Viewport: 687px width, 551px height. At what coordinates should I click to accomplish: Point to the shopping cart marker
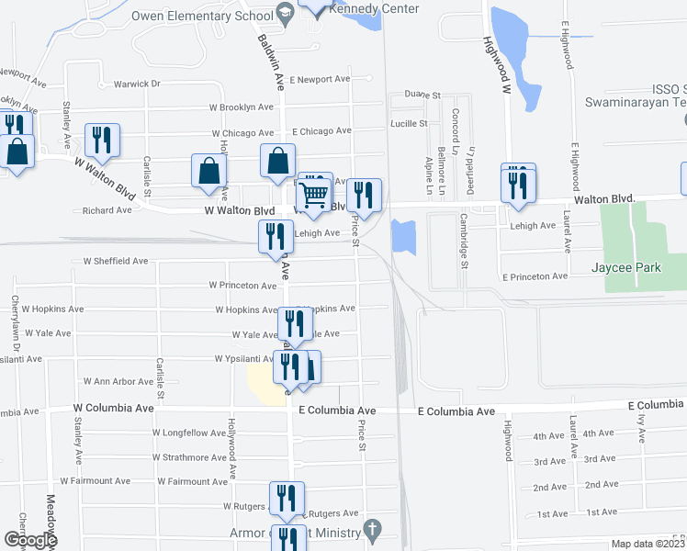[x=314, y=195]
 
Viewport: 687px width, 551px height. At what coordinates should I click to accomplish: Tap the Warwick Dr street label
[x=137, y=84]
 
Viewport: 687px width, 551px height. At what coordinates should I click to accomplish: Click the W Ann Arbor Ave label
[x=118, y=381]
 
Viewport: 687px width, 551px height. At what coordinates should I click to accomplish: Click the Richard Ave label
[x=107, y=210]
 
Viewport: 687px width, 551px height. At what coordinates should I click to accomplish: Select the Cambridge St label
[x=464, y=252]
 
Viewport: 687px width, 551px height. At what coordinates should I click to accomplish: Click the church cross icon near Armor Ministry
[x=371, y=529]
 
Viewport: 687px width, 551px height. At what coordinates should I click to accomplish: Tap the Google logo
[x=30, y=540]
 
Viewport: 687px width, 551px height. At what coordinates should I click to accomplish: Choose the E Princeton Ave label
[x=535, y=276]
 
